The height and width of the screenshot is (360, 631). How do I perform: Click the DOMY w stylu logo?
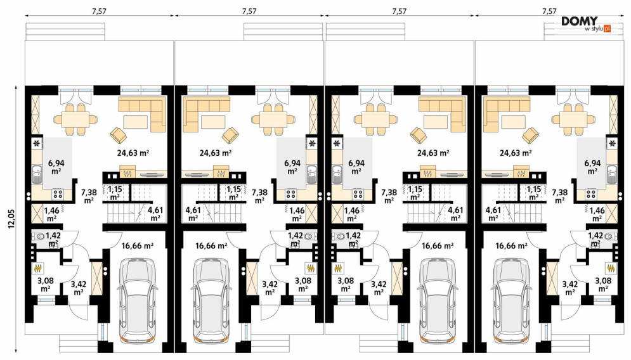[587, 24]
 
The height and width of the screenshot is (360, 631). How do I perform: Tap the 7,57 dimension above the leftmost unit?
[99, 11]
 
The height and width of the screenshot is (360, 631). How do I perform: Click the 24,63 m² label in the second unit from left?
[216, 153]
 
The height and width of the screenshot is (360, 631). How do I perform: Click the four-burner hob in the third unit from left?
[358, 195]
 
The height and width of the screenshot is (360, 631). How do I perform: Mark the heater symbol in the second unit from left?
[311, 268]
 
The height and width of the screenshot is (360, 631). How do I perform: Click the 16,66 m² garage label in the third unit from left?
[438, 245]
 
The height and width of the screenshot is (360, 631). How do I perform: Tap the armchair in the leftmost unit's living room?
[117, 135]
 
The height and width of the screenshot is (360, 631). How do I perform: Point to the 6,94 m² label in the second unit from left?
[292, 167]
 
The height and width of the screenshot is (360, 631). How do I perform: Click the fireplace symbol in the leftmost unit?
[127, 174]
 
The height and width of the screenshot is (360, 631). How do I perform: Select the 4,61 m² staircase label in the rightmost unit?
[493, 214]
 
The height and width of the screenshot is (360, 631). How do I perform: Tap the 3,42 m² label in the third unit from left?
[379, 288]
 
